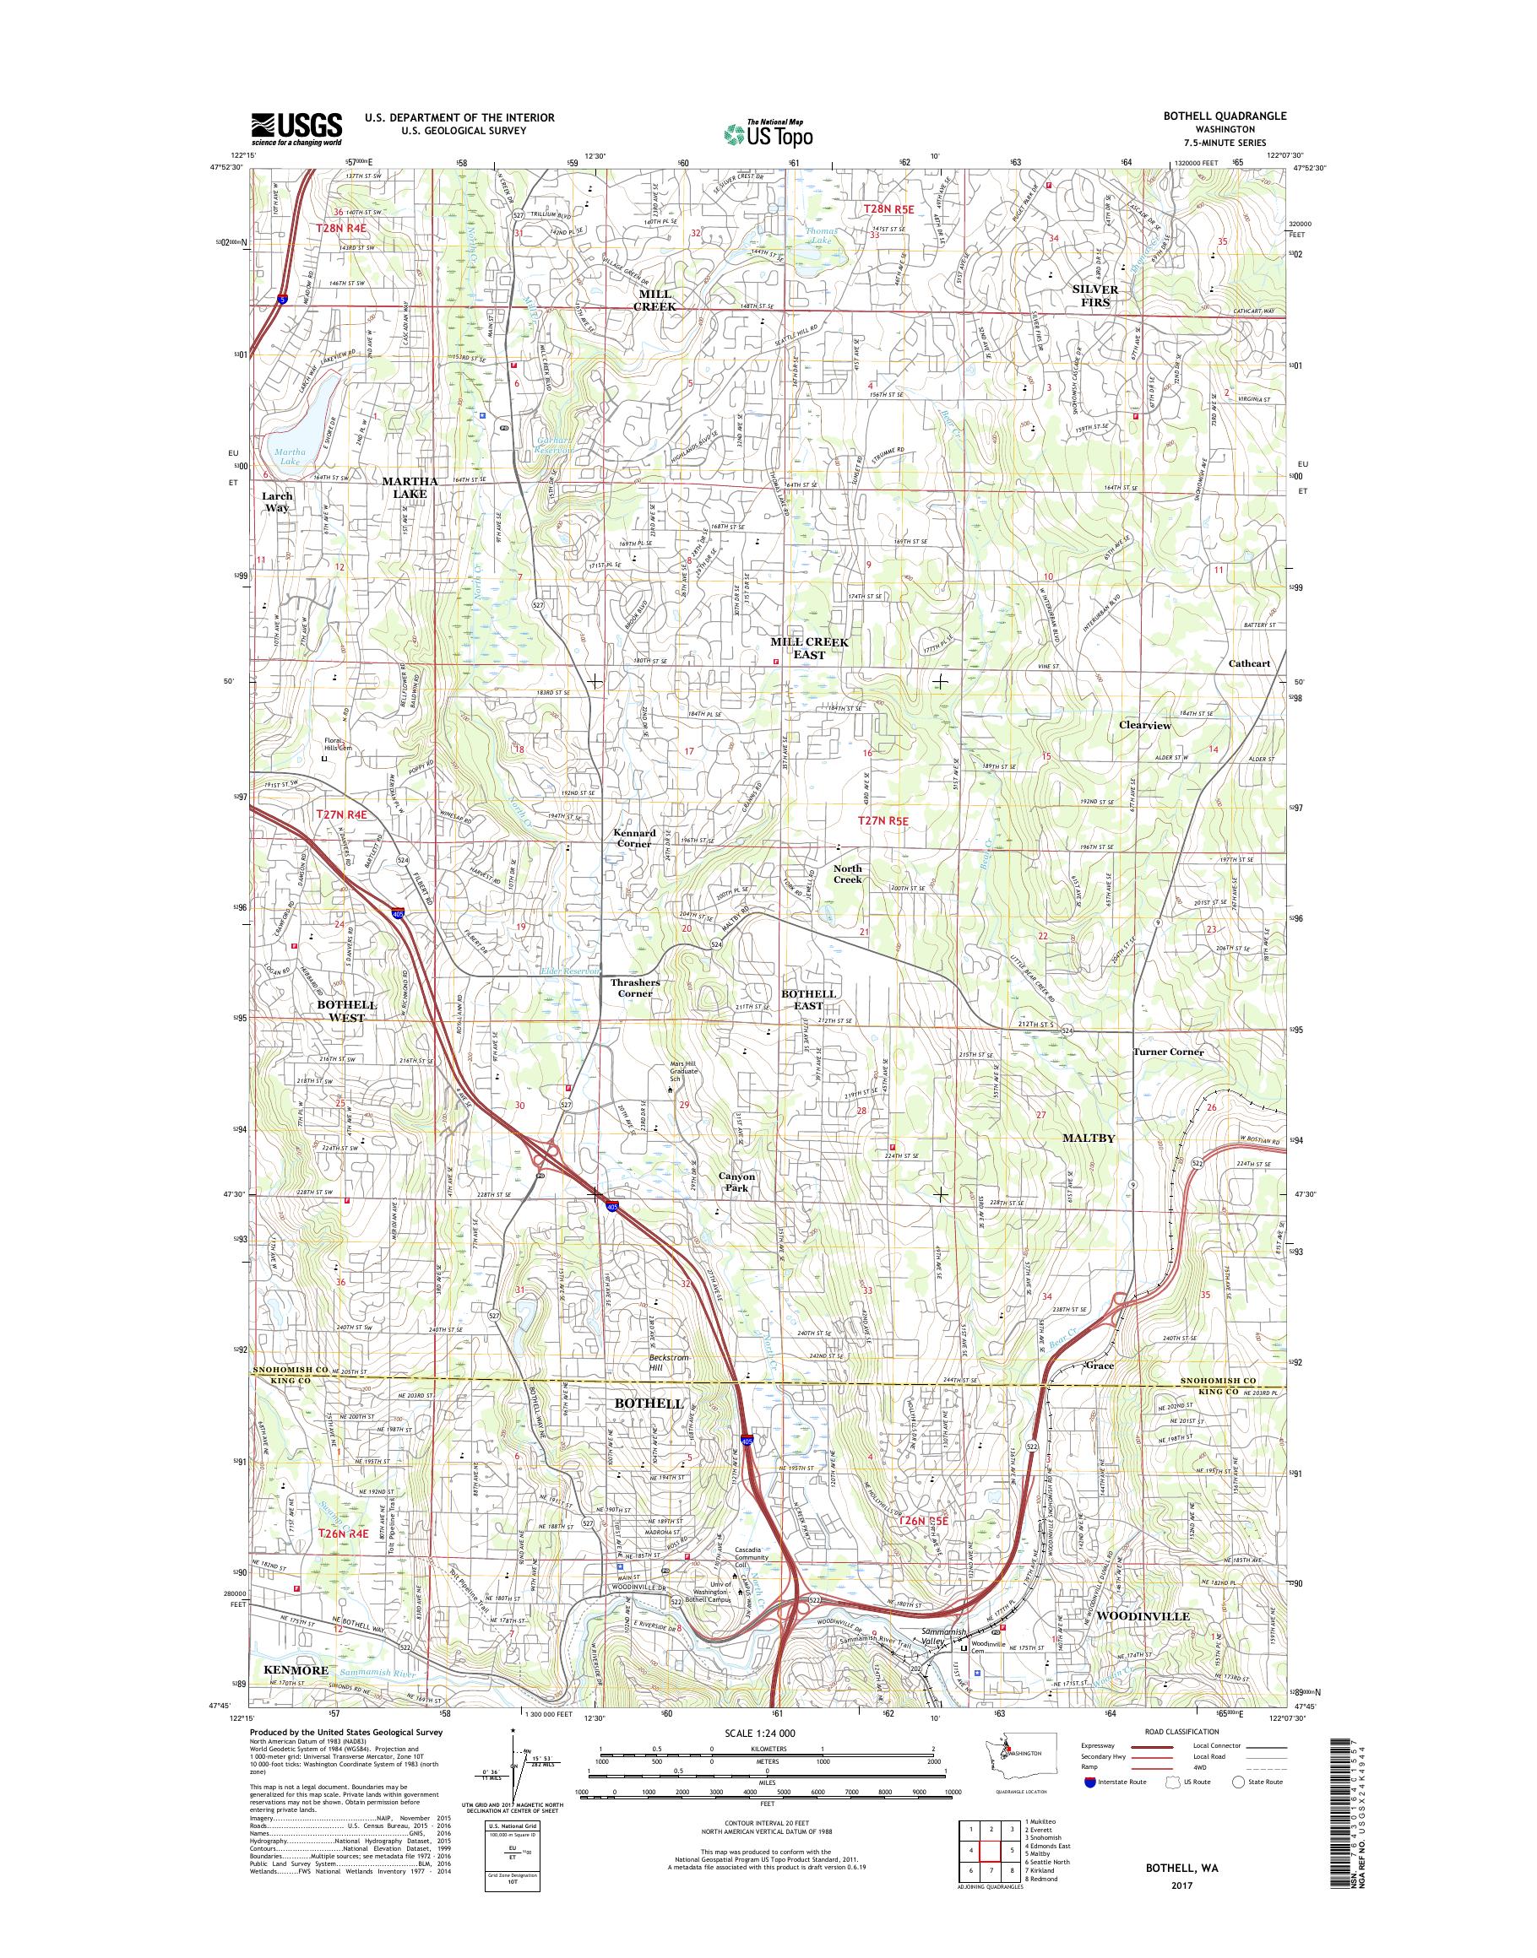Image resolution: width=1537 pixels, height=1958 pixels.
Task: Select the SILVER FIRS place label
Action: (1095, 296)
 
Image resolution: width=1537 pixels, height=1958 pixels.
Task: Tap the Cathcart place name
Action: (1249, 663)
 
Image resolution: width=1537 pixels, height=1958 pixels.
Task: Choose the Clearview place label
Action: (1143, 725)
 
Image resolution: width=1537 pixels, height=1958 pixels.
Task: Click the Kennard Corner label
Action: (633, 838)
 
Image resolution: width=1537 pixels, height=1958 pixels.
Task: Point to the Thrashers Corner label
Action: (634, 987)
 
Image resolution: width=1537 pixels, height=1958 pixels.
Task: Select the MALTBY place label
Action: (1088, 1138)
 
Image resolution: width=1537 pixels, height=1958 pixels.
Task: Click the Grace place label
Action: (1099, 1391)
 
